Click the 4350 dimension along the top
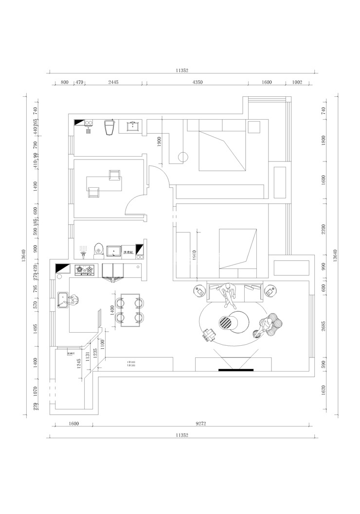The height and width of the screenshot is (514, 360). [x=197, y=82]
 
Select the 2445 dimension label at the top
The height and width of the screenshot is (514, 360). [x=113, y=82]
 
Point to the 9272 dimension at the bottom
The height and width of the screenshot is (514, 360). [x=201, y=424]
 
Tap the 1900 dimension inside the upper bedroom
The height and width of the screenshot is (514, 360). [x=159, y=142]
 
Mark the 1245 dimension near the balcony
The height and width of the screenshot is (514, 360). [x=79, y=363]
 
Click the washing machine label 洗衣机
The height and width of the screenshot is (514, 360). [x=128, y=252]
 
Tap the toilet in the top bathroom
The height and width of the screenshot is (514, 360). [x=109, y=127]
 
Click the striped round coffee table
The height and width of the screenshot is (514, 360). [x=226, y=322]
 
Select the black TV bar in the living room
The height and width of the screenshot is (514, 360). [x=236, y=370]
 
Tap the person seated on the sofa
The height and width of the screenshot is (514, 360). [x=228, y=295]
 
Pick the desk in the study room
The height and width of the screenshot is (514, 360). [x=105, y=184]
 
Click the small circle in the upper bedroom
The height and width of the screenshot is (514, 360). [x=183, y=157]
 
